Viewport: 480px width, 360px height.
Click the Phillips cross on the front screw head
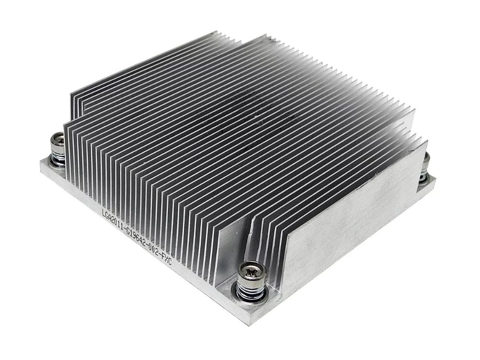250,272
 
